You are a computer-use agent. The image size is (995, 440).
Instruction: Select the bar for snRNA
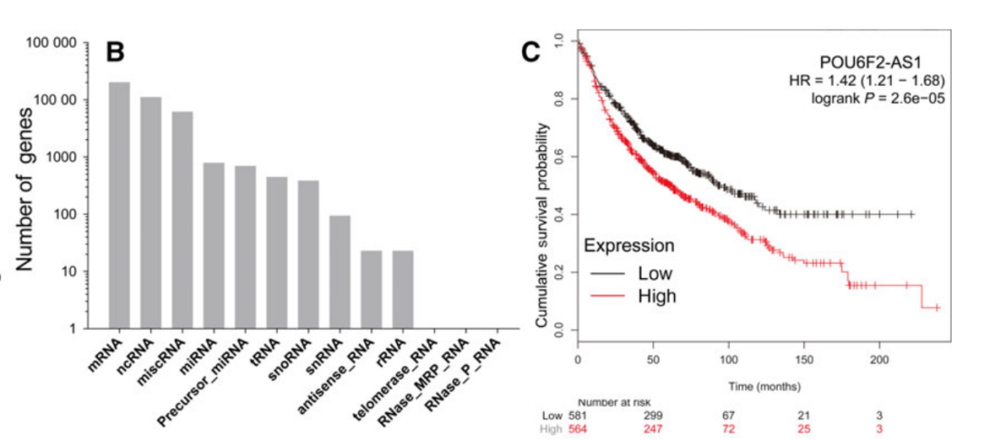[340, 271]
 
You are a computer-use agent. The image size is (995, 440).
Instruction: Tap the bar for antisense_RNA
[371, 289]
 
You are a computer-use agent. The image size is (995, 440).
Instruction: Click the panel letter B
[115, 51]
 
